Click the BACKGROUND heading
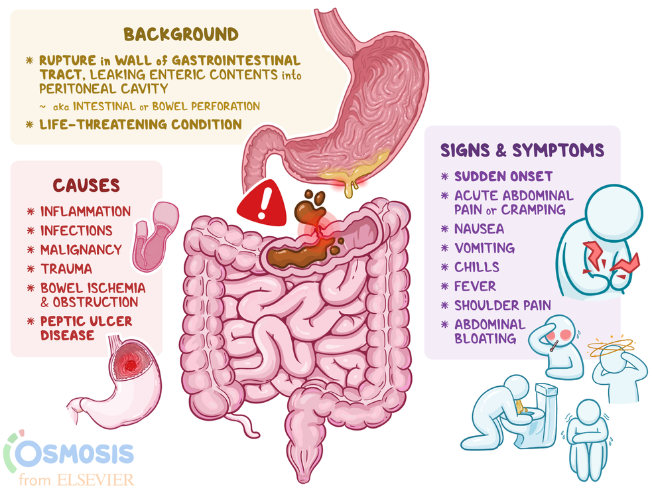point(181,35)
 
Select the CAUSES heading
point(86,186)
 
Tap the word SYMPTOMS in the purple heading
point(558,150)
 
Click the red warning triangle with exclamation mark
point(263,203)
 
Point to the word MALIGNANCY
point(81,249)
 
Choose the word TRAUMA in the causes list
point(66,269)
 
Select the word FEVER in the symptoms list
point(476,286)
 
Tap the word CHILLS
point(476,267)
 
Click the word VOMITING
point(484,248)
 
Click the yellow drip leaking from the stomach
point(350,187)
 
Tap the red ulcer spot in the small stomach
point(130,365)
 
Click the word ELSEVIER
point(96,480)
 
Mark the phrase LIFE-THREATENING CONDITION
point(141,124)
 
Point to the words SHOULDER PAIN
point(502,305)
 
